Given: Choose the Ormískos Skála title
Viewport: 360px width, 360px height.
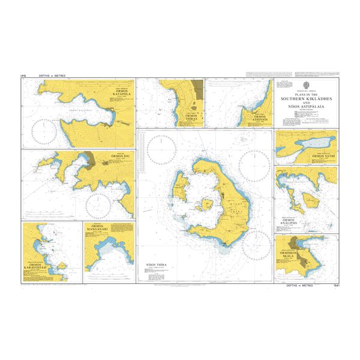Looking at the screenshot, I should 288,253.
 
